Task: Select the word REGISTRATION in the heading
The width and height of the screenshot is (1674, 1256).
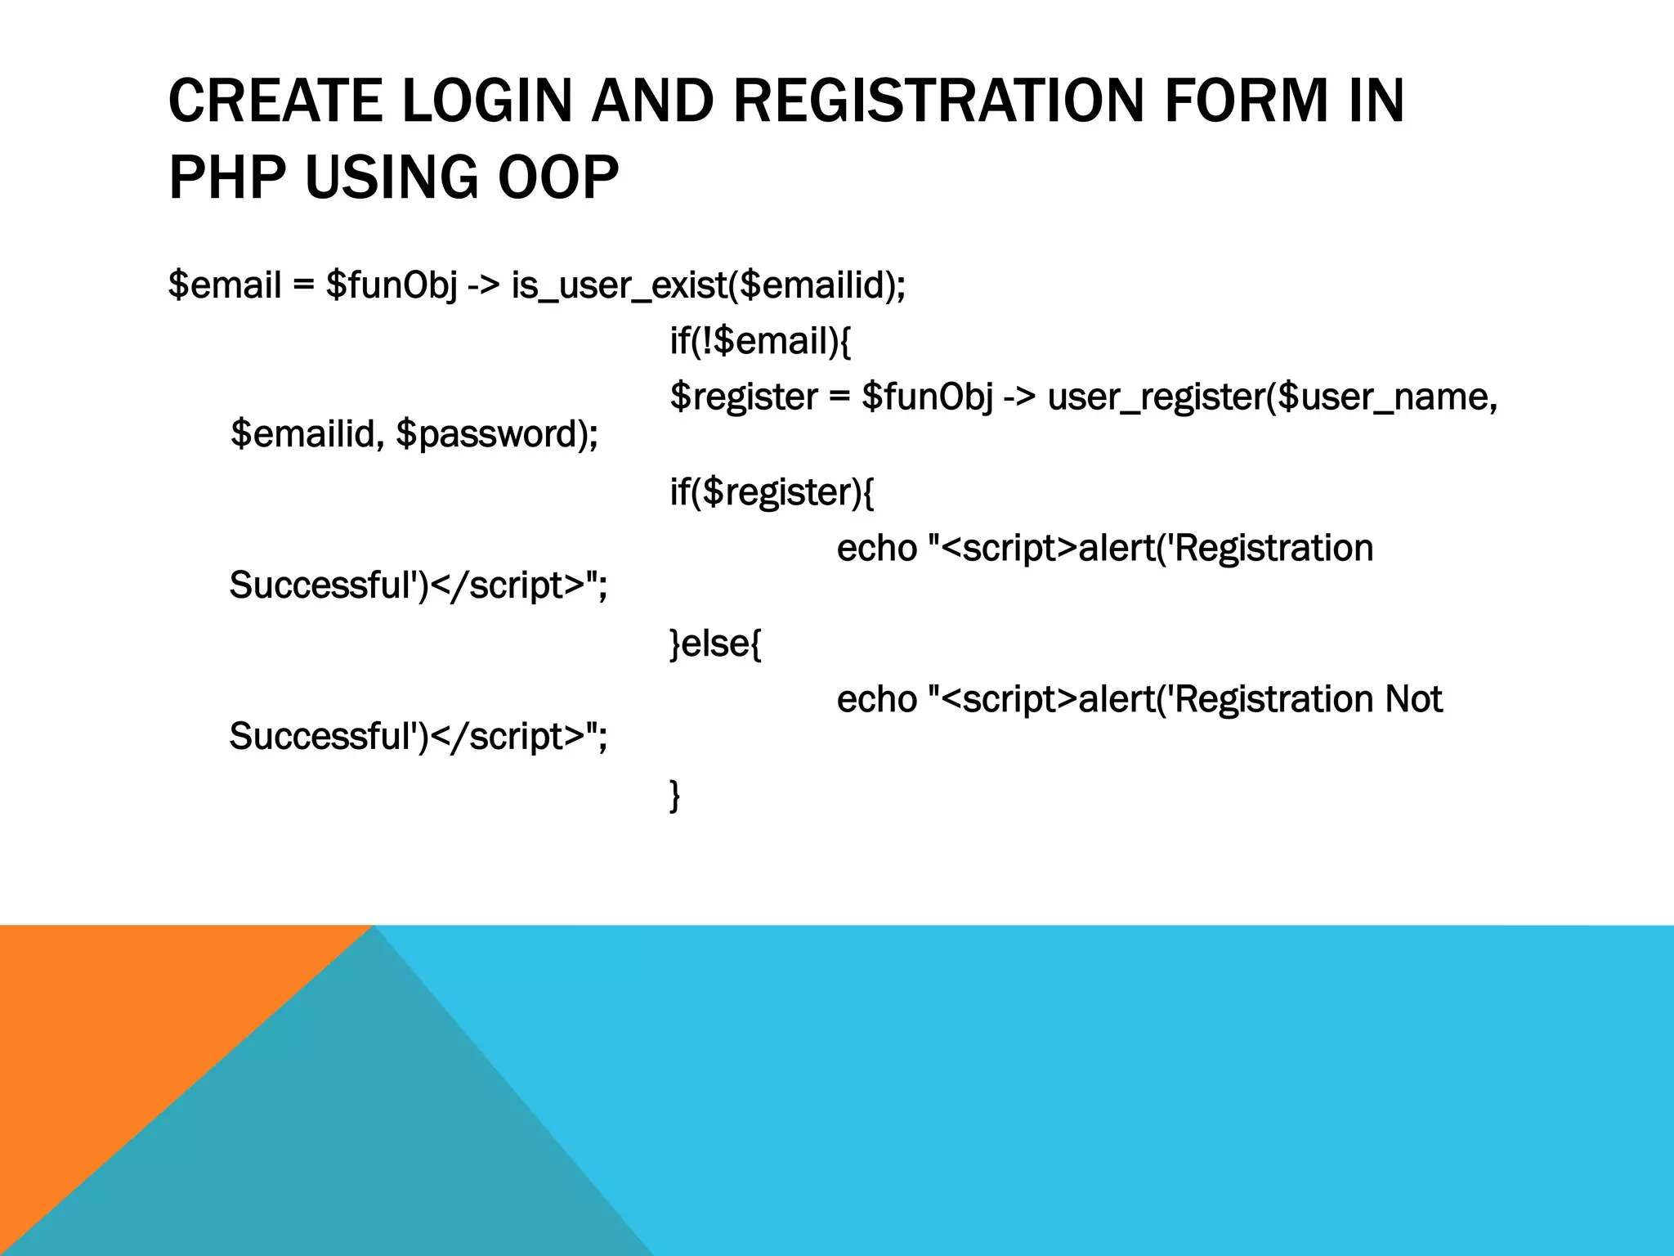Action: click(x=938, y=101)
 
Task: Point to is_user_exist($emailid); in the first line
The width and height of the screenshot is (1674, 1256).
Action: click(x=708, y=285)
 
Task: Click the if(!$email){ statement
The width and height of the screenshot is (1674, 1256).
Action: click(x=760, y=341)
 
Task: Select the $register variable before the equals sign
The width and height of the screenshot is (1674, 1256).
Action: click(x=743, y=397)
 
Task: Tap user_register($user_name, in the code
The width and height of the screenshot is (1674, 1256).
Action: click(x=1271, y=397)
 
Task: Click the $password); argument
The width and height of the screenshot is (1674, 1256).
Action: click(x=497, y=434)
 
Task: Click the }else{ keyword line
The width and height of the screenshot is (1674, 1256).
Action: click(x=715, y=644)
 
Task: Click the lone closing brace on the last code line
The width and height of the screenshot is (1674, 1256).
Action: click(x=674, y=795)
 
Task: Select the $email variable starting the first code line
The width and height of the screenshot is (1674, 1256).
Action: click(x=225, y=285)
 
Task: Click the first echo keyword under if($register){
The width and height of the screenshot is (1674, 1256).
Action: click(x=876, y=549)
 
